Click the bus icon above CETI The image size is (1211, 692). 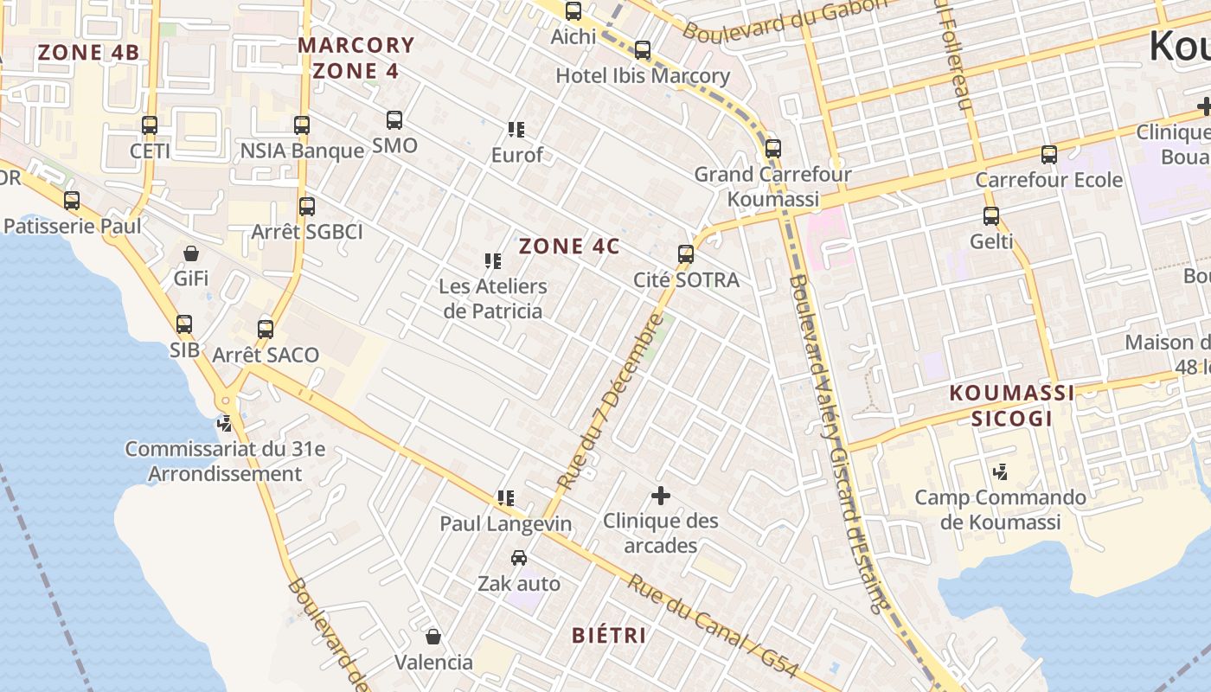[150, 125]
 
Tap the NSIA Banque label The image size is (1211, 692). [302, 151]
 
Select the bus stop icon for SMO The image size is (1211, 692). [394, 120]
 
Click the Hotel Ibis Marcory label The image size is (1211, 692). [642, 76]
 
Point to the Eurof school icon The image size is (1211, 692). [516, 130]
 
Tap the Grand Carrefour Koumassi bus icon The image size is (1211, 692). [772, 149]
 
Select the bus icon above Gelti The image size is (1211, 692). [991, 216]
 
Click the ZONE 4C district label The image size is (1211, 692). [569, 247]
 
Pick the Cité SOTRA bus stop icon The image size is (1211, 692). [686, 254]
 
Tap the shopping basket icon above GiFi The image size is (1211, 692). [191, 253]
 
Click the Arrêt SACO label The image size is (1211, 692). [266, 355]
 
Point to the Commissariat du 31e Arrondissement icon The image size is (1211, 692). [225, 424]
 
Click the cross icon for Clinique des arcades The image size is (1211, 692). [661, 496]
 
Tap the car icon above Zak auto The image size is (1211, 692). [519, 558]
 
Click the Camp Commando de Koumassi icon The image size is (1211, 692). [1001, 472]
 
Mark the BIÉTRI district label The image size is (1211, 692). [609, 636]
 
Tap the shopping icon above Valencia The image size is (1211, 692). [433, 637]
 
